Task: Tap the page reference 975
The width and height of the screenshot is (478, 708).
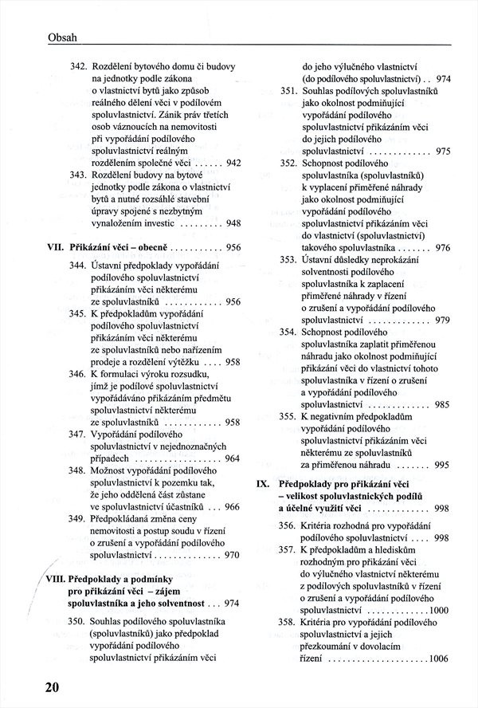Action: (444, 151)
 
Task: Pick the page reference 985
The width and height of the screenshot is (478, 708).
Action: (443, 404)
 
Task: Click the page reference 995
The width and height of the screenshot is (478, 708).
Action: (443, 465)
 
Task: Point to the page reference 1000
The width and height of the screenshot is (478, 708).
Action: (437, 610)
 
